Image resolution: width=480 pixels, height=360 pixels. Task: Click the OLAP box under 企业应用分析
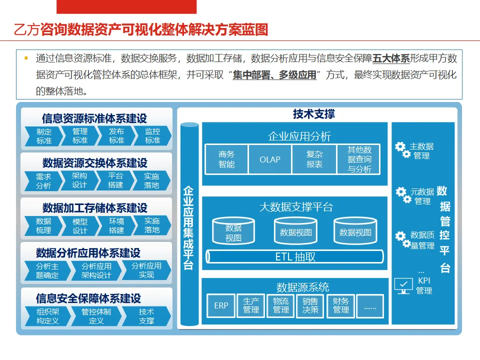point(270,159)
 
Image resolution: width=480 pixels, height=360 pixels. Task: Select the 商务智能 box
point(226,159)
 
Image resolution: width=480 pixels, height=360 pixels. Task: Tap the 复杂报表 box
point(314,159)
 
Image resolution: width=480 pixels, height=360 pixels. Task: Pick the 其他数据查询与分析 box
point(359,159)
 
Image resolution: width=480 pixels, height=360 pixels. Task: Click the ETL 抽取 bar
point(295,257)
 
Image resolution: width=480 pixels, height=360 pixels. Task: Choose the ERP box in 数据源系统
point(221,305)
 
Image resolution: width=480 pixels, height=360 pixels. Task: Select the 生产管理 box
point(251,305)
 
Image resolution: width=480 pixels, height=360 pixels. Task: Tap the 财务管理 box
point(341,305)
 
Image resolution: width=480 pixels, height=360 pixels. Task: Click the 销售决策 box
point(310,305)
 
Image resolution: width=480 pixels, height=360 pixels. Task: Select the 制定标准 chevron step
point(44,136)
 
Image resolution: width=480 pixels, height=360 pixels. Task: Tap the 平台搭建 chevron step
point(115,180)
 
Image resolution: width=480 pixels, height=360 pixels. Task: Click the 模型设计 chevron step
point(80,226)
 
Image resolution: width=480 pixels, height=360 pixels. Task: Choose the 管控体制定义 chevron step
point(96,316)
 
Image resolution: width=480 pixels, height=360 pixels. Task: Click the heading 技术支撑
point(314,114)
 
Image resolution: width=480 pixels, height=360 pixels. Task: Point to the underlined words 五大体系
point(391,58)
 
